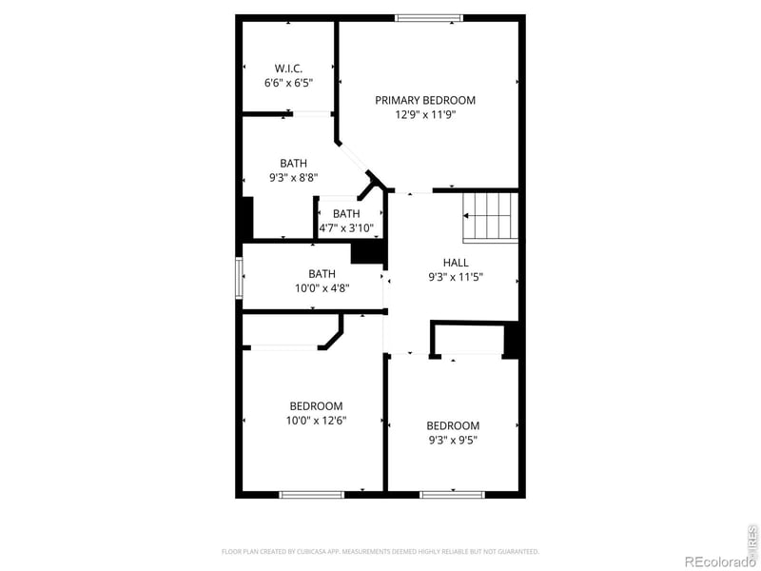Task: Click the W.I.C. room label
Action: click(288, 69)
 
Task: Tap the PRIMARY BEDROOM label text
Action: click(425, 100)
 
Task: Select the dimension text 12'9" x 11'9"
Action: click(425, 115)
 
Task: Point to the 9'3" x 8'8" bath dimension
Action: click(293, 177)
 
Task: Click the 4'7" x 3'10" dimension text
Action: click(346, 227)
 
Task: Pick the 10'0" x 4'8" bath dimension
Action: click(322, 288)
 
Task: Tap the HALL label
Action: click(456, 263)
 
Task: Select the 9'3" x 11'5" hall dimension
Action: click(456, 278)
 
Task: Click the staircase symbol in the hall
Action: click(490, 217)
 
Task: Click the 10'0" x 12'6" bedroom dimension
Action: click(316, 421)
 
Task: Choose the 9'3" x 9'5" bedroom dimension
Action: click(453, 440)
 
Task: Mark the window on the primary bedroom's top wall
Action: click(429, 17)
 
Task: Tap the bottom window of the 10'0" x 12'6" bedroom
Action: click(311, 494)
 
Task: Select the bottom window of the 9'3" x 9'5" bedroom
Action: click(452, 494)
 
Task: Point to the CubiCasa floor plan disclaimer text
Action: click(380, 551)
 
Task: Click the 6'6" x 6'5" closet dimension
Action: click(288, 84)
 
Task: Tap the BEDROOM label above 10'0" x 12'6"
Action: click(316, 406)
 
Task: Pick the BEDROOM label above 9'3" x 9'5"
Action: click(453, 425)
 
